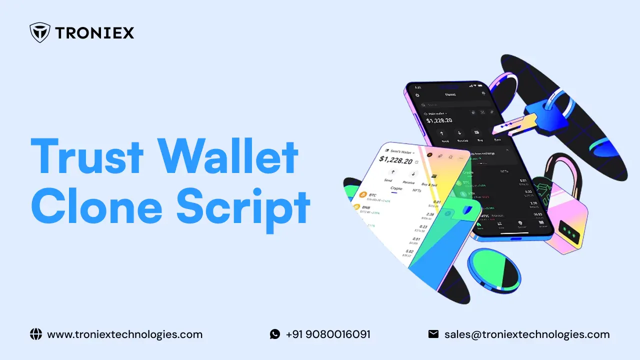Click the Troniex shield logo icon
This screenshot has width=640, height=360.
pos(40,33)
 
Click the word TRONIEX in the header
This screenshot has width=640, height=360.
pos(94,33)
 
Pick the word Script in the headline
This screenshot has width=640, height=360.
pos(243,209)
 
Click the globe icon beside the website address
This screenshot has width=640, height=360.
pos(36,334)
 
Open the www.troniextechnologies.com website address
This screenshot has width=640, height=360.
pos(124,334)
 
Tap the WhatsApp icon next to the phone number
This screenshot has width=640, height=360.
pos(275,334)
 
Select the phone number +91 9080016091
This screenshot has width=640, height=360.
pos(328,334)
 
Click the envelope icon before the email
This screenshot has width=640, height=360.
pos(433,334)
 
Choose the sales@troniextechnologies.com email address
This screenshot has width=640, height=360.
pos(527,334)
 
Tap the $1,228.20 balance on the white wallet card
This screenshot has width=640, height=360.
pos(395,160)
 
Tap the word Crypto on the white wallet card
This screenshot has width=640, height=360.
pos(396,188)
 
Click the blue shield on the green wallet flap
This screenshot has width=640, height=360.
pos(466,210)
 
